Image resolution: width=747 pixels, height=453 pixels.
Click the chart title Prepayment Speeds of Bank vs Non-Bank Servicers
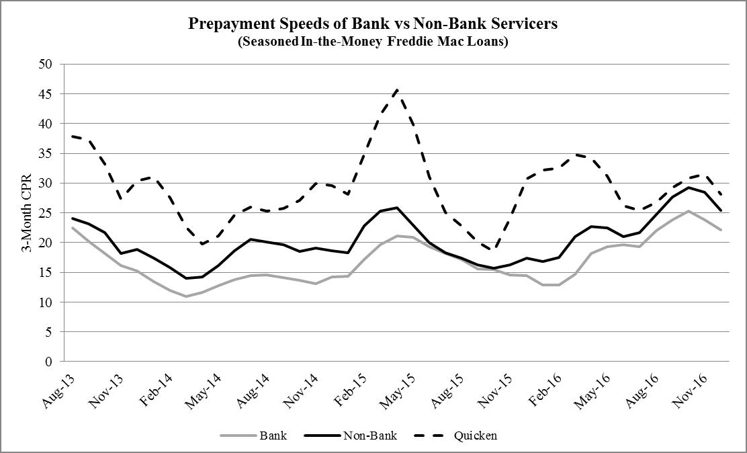click(x=373, y=24)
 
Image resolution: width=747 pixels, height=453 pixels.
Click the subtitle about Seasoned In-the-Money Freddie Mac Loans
click(x=373, y=41)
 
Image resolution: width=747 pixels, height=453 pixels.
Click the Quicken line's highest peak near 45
click(x=398, y=89)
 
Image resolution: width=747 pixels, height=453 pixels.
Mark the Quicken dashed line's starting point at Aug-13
click(x=72, y=136)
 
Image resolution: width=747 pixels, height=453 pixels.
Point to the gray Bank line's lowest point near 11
click(x=186, y=296)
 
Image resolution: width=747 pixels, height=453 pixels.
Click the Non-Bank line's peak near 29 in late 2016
click(x=688, y=188)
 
